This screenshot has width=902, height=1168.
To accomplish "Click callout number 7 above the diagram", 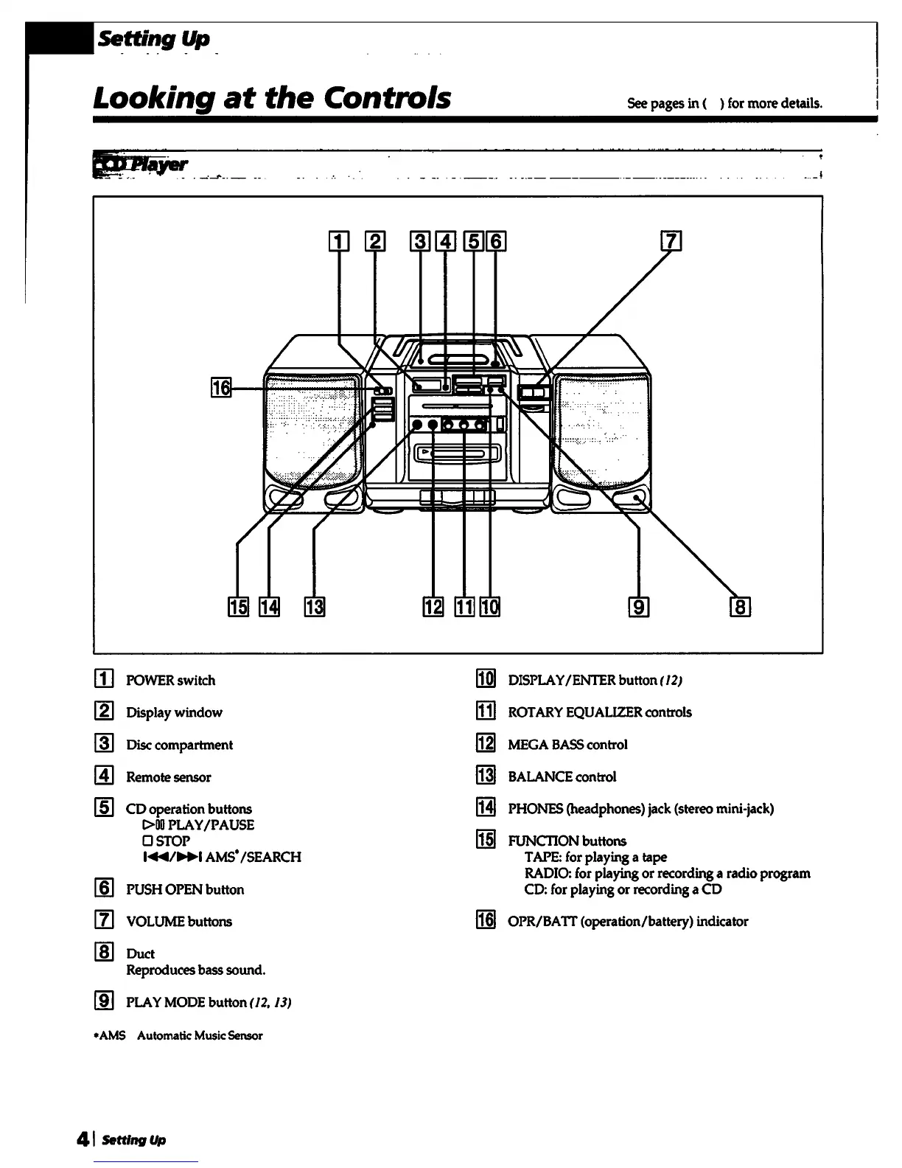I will [671, 241].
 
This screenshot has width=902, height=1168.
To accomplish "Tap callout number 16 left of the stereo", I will [220, 386].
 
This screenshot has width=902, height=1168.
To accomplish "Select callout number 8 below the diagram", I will [739, 607].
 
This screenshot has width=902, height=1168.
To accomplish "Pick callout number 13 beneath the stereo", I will [315, 607].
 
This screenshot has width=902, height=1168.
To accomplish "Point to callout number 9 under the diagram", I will [638, 607].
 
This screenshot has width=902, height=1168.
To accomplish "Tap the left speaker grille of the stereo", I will [312, 428].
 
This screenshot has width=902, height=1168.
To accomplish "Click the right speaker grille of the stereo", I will [603, 428].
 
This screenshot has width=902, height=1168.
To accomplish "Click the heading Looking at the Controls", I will [272, 97].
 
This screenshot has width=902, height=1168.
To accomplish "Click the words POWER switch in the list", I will [171, 680].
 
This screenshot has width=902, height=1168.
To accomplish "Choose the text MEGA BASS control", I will [567, 744].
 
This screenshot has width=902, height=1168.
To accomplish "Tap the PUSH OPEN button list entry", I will [185, 889].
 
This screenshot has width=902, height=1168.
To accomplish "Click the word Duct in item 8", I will [141, 953].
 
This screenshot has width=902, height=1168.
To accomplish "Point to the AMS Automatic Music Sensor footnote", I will [180, 1035].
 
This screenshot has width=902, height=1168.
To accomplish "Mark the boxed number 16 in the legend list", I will [486, 921].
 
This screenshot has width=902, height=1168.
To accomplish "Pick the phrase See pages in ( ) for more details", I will [724, 103].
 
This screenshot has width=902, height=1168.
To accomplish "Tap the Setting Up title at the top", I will [154, 38].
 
